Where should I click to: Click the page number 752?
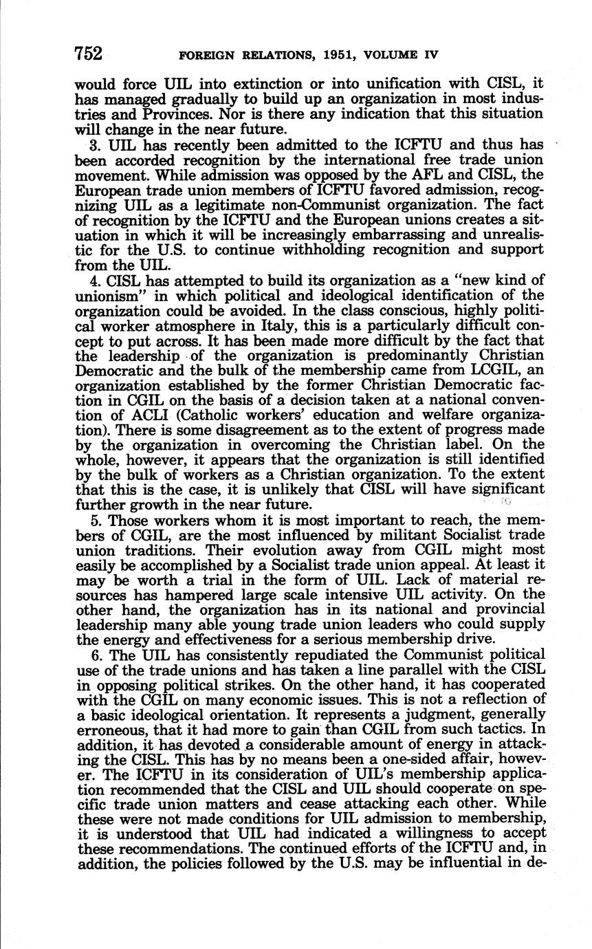89,53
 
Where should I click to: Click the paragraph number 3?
94,145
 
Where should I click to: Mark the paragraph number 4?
94,281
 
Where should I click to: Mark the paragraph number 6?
94,655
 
